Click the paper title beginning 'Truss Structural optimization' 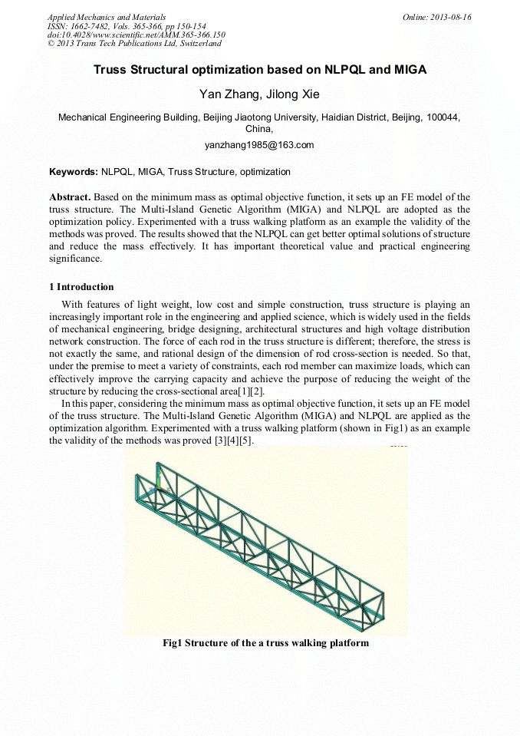click(260, 70)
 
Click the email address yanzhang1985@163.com click(260, 144)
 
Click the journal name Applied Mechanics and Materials click(107, 17)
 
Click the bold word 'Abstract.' click(70, 198)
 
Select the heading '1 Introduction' click(81, 287)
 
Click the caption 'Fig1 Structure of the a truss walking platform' click(265, 642)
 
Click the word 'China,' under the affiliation click(259, 129)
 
